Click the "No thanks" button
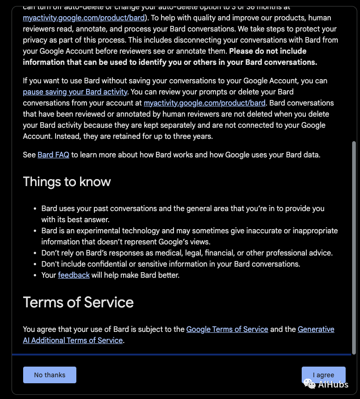coord(50,375)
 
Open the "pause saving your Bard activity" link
coord(75,92)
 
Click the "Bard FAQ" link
coord(53,155)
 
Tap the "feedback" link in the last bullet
coord(74,275)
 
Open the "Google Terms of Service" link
coord(227,329)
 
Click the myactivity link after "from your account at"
coord(205,103)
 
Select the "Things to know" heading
coord(67,181)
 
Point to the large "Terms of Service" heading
coord(78,302)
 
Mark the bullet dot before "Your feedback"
coord(35,275)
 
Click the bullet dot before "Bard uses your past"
coord(35,209)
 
